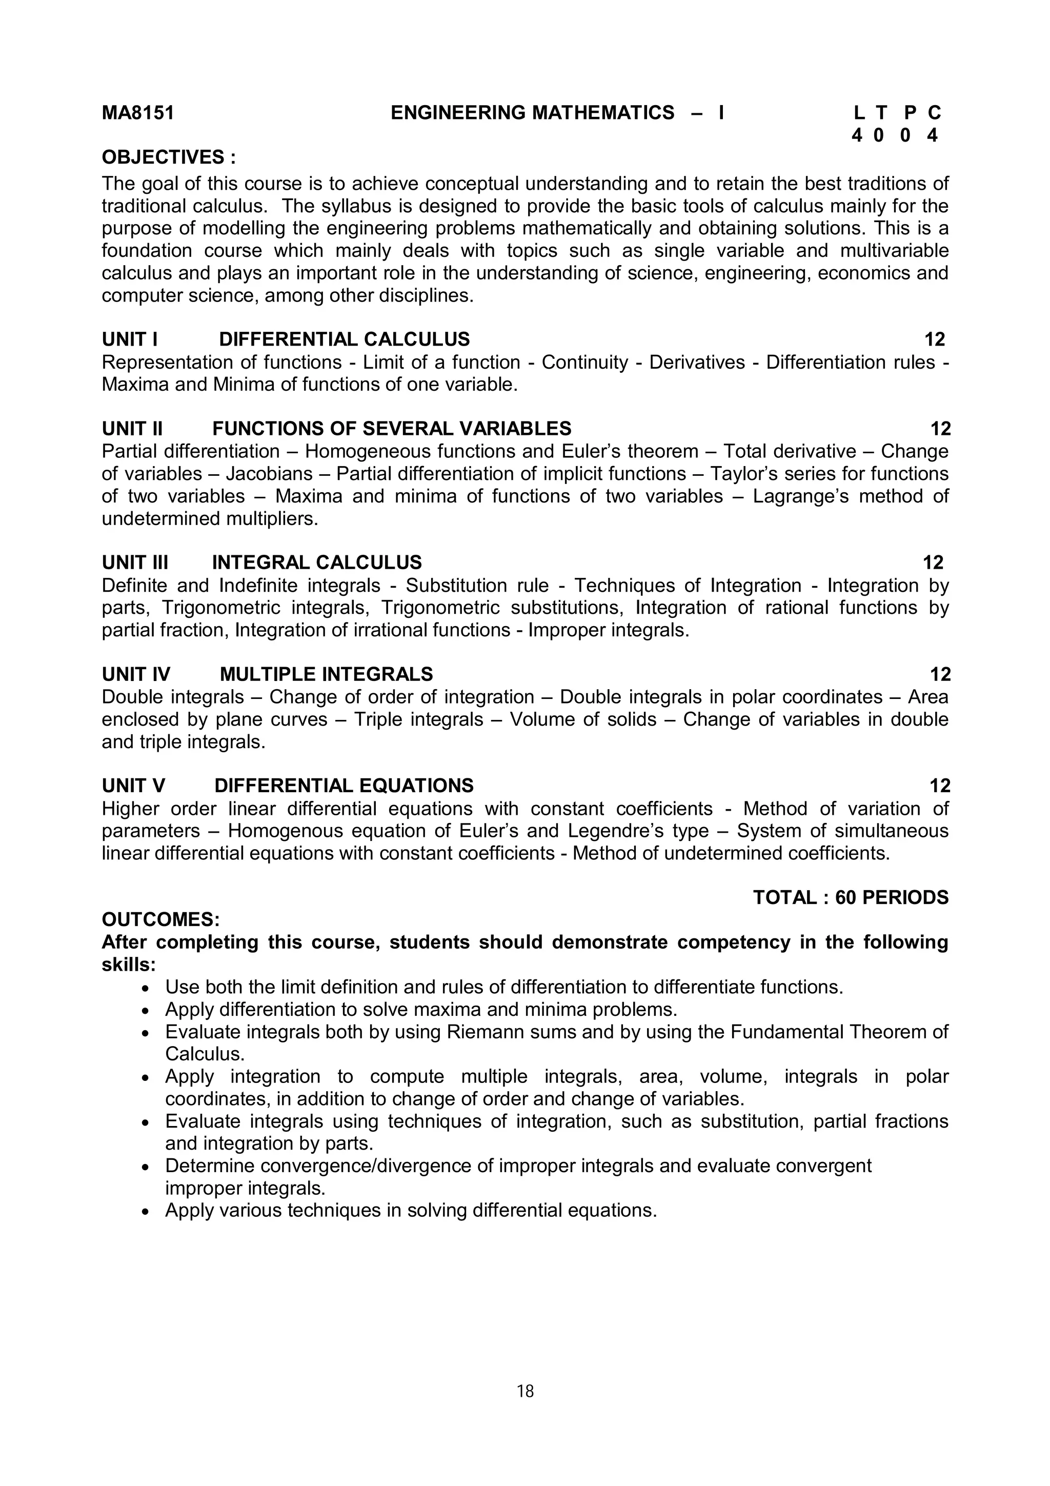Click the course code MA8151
(138, 113)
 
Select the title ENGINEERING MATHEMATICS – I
(556, 113)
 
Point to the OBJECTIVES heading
(169, 157)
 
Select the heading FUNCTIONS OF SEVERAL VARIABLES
(391, 429)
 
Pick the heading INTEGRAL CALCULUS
(316, 563)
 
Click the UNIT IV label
(136, 674)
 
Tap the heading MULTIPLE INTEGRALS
(326, 674)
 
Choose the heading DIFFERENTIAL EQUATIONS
(344, 786)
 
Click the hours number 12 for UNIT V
(939, 786)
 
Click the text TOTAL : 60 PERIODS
(850, 898)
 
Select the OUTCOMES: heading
(160, 920)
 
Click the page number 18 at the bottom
(524, 1391)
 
